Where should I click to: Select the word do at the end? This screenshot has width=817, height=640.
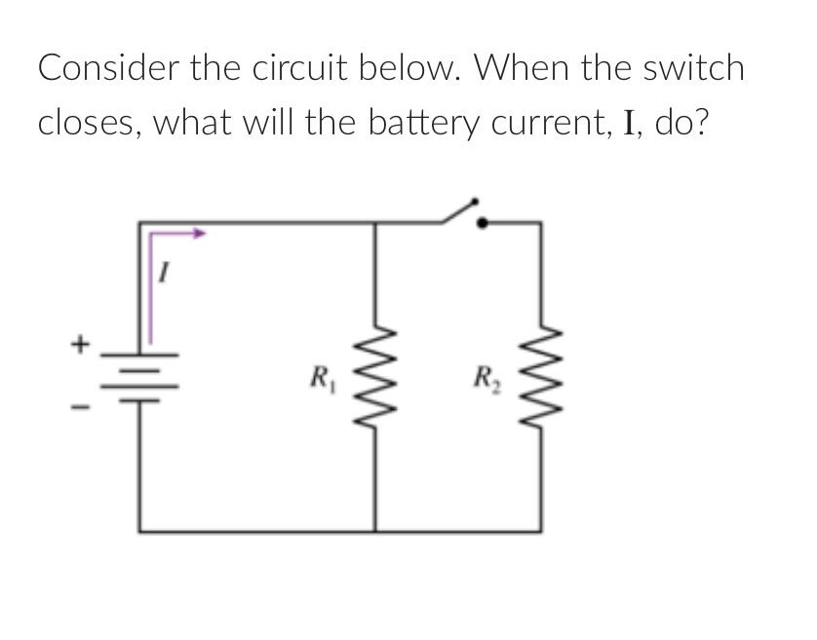674,123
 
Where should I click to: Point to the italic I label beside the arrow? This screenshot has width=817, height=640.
166,277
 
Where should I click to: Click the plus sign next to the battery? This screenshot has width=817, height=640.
83,344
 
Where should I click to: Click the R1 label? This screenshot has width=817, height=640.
318,375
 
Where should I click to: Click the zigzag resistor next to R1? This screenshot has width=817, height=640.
376,374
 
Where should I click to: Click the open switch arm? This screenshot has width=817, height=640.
459,210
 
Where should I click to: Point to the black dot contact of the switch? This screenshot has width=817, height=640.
482,222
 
